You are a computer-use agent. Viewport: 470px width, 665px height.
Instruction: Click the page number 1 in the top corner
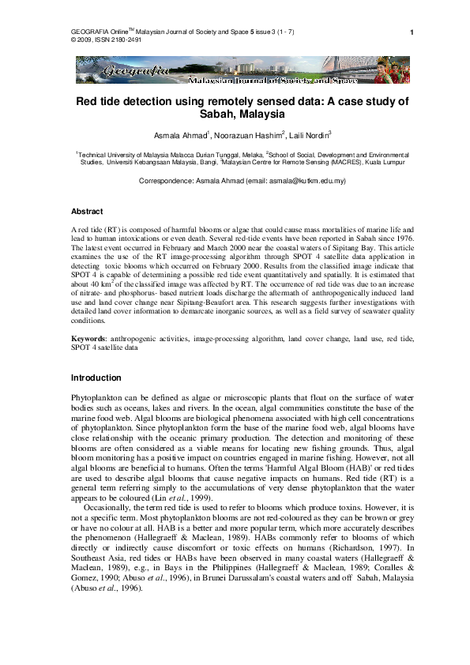[x=412, y=32]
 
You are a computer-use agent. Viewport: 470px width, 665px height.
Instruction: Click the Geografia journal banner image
[x=235, y=70]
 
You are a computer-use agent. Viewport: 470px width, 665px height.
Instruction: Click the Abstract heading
[x=87, y=212]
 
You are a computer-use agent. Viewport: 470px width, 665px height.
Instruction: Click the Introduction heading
[x=96, y=378]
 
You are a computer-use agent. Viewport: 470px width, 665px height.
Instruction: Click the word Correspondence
[x=164, y=182]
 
